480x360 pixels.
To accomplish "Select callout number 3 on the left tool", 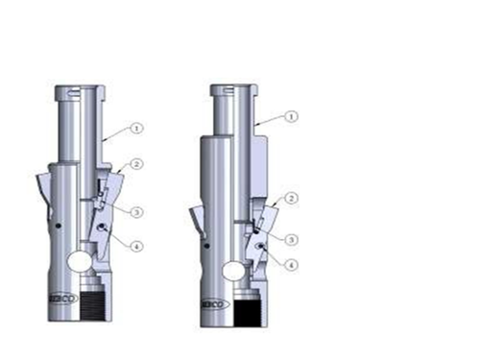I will [x=138, y=210].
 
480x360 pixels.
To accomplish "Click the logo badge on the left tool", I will [x=62, y=296].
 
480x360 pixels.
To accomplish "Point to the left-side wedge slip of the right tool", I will [x=195, y=219].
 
